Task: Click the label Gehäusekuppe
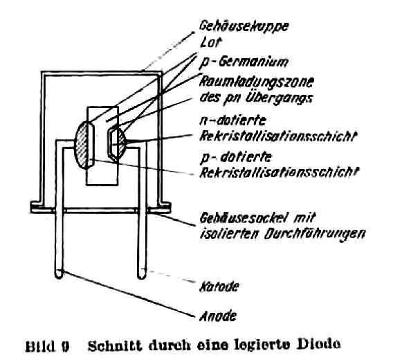(x=244, y=26)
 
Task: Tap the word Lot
(x=210, y=43)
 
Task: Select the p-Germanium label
(x=244, y=62)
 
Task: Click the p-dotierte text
(x=236, y=159)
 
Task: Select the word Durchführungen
(x=314, y=234)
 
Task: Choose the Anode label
(x=218, y=316)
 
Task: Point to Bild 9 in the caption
(x=47, y=347)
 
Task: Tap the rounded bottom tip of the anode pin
(x=59, y=276)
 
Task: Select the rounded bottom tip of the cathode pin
(x=142, y=276)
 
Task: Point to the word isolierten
(x=229, y=233)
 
